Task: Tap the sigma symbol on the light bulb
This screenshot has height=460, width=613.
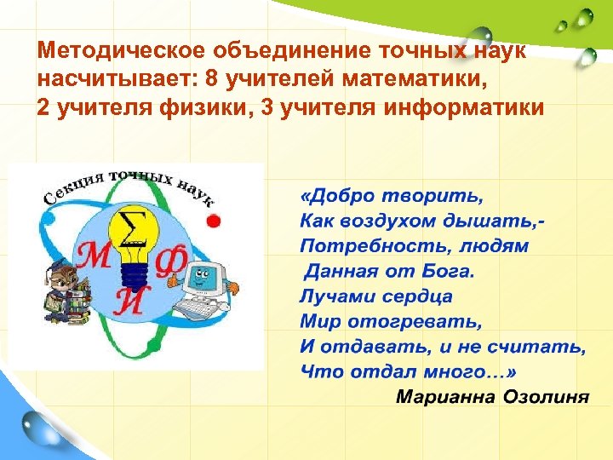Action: tap(133, 229)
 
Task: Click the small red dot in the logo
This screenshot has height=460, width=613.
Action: tap(214, 221)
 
